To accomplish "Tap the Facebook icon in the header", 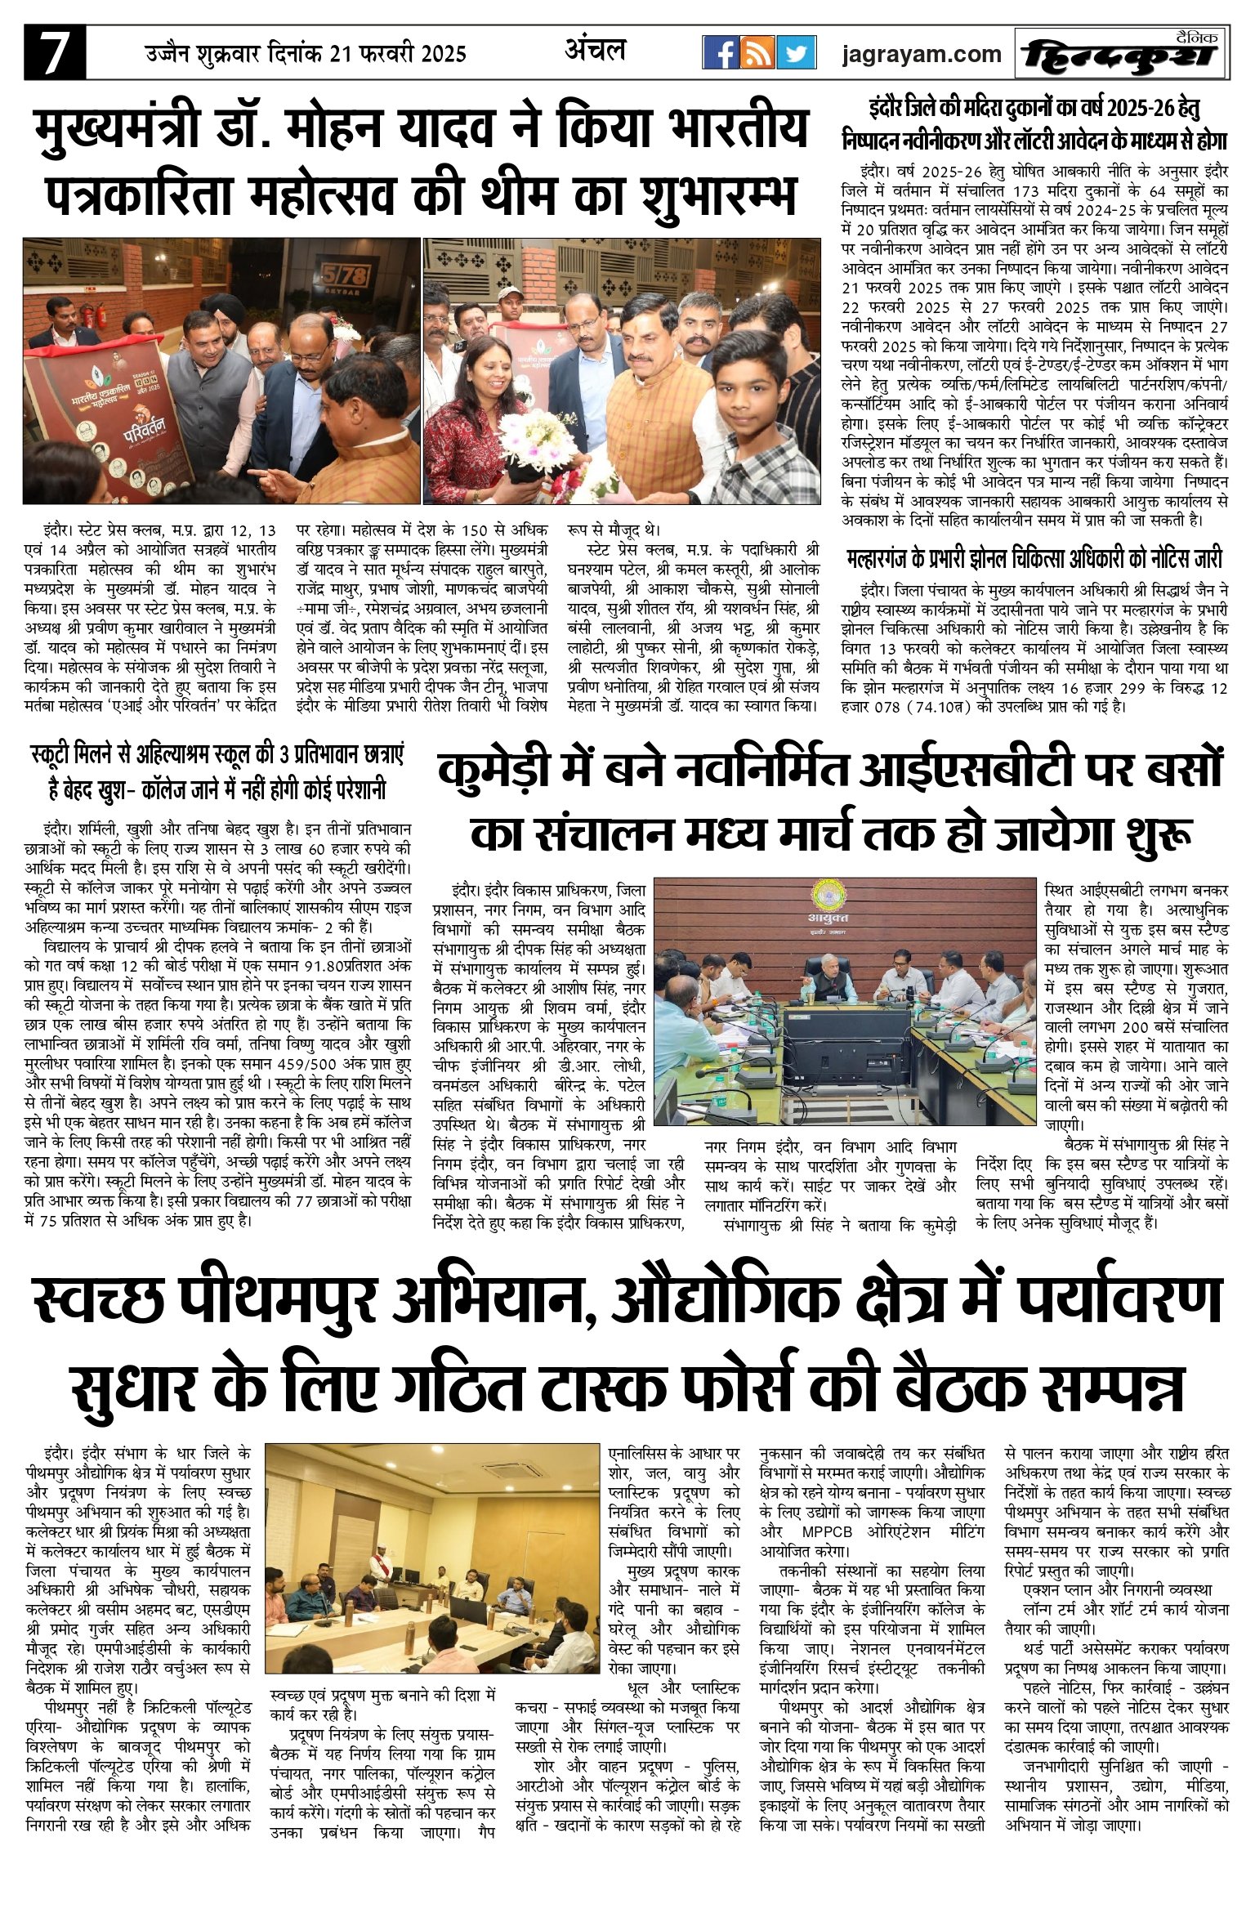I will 721,53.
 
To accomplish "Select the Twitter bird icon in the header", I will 796,53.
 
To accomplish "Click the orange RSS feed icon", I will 757,53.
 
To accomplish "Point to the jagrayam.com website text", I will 922,55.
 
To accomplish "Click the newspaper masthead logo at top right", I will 1121,55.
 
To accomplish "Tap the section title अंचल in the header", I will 595,51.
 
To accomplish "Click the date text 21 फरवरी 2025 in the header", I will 398,55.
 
